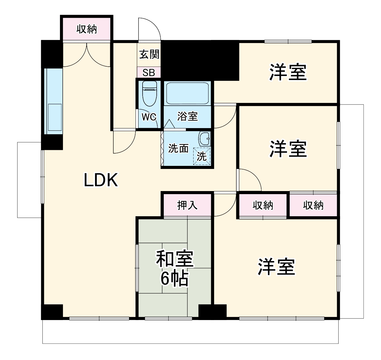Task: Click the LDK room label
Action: click(101, 180)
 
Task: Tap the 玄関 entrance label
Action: click(149, 54)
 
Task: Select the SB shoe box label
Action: click(149, 73)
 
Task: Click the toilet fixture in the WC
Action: click(150, 92)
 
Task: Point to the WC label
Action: click(149, 117)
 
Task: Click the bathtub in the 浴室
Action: click(187, 93)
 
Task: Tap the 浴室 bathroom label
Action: click(187, 116)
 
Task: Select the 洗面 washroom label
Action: click(178, 148)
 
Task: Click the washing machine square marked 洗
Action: click(202, 156)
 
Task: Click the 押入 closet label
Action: click(187, 205)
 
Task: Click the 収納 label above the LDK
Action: click(87, 29)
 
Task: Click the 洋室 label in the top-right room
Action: click(288, 72)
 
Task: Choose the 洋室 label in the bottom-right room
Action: click(277, 267)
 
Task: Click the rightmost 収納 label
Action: click(313, 205)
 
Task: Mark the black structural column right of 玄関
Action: click(200, 60)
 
